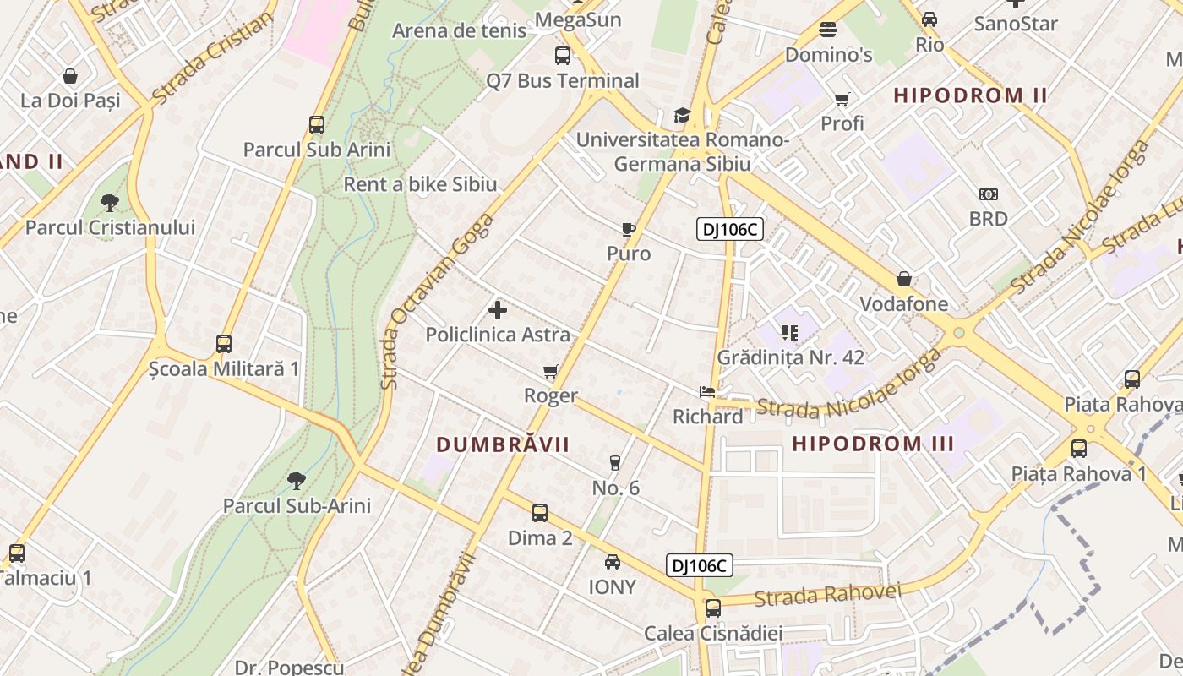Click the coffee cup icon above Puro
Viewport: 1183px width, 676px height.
(628, 229)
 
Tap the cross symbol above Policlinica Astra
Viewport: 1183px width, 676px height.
(498, 310)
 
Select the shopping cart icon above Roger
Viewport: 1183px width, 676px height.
(551, 371)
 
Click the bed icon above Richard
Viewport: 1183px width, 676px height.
(707, 392)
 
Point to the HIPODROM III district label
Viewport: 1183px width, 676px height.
(873, 444)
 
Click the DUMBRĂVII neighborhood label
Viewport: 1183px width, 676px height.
(503, 444)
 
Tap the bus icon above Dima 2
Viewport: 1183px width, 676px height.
(540, 512)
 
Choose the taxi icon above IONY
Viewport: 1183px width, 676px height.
(613, 562)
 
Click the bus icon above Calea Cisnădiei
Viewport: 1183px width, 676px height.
(713, 608)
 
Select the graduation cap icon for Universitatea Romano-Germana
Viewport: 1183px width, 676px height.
(682, 115)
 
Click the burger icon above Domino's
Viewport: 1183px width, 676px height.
(828, 30)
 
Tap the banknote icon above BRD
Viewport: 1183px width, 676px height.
(989, 194)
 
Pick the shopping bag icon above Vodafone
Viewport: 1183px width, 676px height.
(904, 279)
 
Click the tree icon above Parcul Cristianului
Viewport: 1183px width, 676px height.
(109, 202)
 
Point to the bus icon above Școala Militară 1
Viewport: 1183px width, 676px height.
(224, 344)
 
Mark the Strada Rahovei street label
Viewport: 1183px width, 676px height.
(827, 594)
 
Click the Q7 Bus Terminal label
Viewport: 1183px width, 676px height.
(563, 81)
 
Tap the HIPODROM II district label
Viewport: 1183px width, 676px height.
(970, 95)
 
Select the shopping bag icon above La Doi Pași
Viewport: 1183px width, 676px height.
(70, 76)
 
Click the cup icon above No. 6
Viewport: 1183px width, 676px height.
(615, 462)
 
